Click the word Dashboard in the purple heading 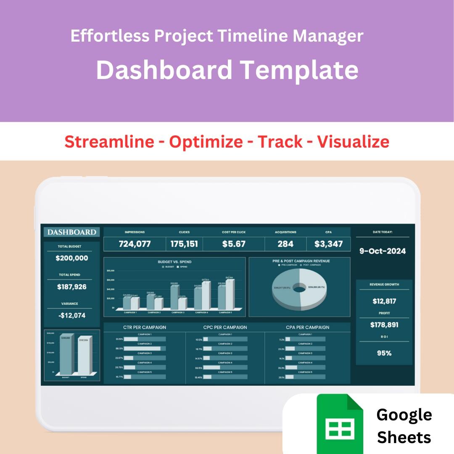pos(164,70)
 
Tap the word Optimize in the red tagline pos(206,142)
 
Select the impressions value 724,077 pos(135,244)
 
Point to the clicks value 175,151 pos(184,244)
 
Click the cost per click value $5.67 pos(234,244)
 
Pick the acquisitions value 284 pos(285,244)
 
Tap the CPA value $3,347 pos(328,244)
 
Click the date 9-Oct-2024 pos(383,251)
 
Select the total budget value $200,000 pos(72,258)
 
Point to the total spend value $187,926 pos(72,287)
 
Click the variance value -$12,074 pos(72,315)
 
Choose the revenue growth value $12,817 pos(384,301)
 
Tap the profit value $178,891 pos(384,325)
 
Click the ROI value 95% pos(384,353)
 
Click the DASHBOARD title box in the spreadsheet pos(71,232)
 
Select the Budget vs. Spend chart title pos(174,262)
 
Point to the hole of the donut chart pos(299,288)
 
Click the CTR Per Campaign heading pos(144,327)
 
